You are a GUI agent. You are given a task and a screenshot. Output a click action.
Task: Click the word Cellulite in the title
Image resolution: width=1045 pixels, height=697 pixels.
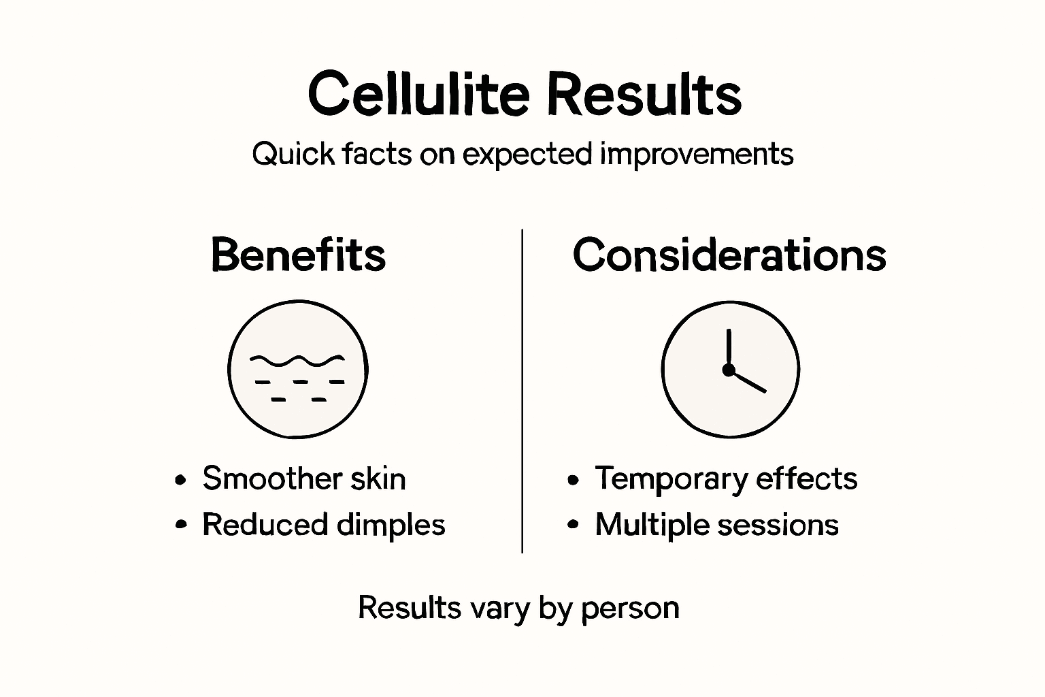pyautogui.click(x=418, y=94)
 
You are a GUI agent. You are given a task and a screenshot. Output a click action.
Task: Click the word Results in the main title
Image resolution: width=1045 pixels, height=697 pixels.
pyautogui.click(x=644, y=94)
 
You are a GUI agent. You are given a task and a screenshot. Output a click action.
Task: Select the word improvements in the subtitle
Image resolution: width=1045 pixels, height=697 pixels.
pyautogui.click(x=697, y=155)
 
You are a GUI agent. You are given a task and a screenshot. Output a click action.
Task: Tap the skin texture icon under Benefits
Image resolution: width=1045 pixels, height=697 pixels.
pyautogui.click(x=298, y=370)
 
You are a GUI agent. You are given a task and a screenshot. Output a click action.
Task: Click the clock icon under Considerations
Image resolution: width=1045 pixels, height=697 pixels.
pyautogui.click(x=730, y=370)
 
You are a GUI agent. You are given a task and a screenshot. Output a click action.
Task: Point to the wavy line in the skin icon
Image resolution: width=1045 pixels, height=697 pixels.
pyautogui.click(x=297, y=359)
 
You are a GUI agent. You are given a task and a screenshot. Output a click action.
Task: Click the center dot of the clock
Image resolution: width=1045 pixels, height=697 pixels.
pyautogui.click(x=729, y=370)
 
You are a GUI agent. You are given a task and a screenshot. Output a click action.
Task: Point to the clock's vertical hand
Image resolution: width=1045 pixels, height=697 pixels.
pyautogui.click(x=729, y=348)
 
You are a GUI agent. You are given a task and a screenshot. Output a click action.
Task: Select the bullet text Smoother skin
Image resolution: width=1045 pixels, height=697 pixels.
pyautogui.click(x=303, y=479)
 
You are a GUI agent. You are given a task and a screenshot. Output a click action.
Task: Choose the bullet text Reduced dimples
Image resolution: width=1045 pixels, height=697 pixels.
pyautogui.click(x=323, y=525)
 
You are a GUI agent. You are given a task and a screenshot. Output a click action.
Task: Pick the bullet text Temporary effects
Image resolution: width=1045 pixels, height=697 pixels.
pyautogui.click(x=726, y=479)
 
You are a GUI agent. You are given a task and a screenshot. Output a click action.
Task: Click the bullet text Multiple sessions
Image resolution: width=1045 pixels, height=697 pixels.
pyautogui.click(x=716, y=525)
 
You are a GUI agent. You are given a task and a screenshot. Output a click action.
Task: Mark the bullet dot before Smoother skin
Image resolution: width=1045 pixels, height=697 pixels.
pyautogui.click(x=180, y=480)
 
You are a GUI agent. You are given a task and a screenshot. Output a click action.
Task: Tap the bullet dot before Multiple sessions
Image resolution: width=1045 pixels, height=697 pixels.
pyautogui.click(x=573, y=525)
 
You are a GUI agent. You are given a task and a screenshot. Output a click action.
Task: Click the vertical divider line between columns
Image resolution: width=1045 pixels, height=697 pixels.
pyautogui.click(x=522, y=391)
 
